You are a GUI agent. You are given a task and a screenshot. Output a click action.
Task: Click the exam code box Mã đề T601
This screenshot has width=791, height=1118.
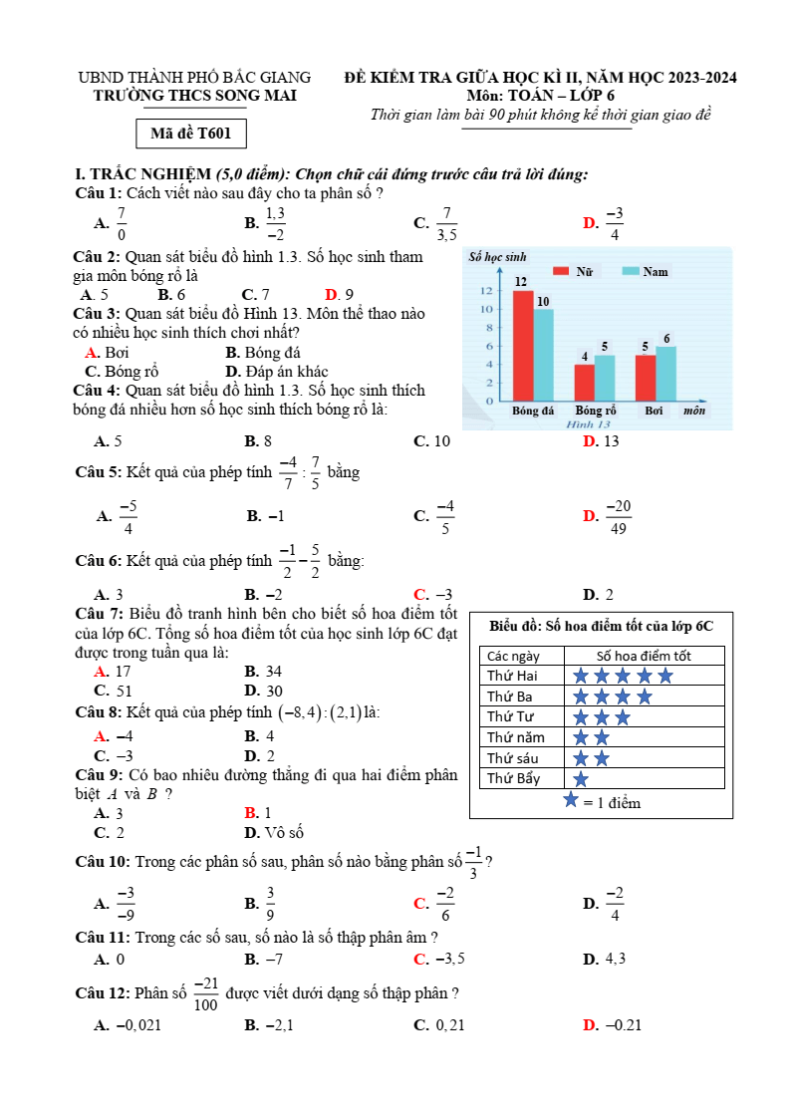pos(190,134)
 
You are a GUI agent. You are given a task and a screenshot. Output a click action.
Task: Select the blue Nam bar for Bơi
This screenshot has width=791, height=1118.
pos(665,373)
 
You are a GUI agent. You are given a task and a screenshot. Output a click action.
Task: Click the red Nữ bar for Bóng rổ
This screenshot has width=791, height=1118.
pos(585,382)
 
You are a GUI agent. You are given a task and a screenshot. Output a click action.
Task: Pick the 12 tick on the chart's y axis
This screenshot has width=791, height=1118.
pos(485,291)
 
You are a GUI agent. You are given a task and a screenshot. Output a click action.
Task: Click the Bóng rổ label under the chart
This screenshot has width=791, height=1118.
pos(595,411)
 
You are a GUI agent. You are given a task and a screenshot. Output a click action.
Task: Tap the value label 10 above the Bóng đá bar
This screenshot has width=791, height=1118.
pos(543,301)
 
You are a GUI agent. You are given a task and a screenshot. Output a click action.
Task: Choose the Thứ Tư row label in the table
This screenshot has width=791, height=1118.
pos(509,716)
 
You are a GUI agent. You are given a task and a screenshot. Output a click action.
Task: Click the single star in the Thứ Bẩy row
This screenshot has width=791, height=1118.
pos(581,778)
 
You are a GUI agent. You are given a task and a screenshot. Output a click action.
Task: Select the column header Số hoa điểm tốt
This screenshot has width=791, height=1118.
pos(644,656)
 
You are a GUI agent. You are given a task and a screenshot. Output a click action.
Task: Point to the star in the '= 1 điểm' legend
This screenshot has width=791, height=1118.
pos(571,800)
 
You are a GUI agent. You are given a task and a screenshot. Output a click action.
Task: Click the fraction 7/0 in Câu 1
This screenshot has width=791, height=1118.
pos(122,224)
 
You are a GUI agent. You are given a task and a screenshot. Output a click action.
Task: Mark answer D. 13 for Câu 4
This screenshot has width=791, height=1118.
pos(601,440)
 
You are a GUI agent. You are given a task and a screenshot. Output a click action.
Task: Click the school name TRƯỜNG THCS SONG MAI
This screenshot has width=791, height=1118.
pos(194,96)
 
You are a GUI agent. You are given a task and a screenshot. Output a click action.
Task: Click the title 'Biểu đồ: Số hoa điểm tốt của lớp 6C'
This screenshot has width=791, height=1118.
pos(602,626)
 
